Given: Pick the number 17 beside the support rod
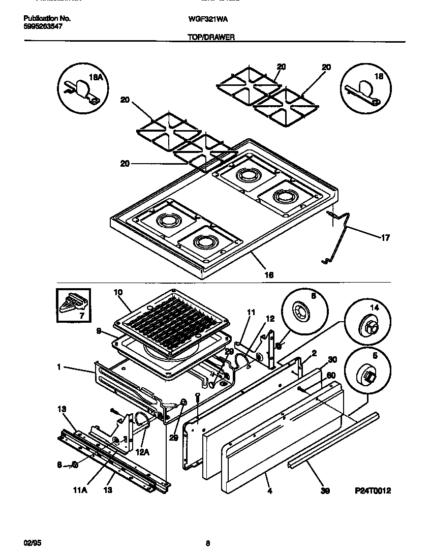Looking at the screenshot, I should (386, 237).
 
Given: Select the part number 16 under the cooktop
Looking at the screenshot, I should (269, 274).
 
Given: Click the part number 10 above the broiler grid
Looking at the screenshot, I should (118, 293).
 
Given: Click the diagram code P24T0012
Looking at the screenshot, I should (373, 491).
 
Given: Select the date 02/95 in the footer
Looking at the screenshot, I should (32, 543).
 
